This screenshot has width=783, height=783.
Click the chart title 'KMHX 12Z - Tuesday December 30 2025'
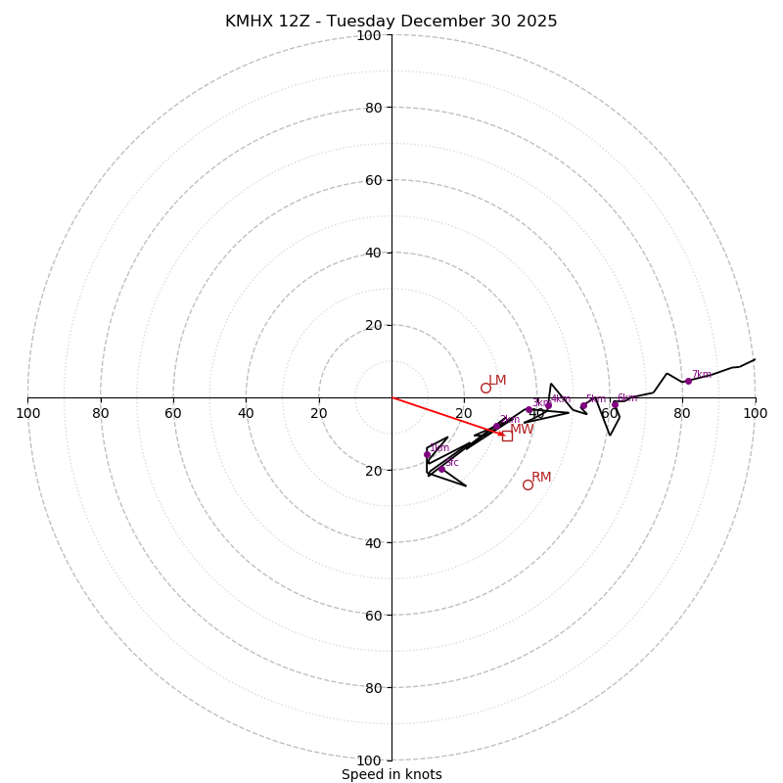391,22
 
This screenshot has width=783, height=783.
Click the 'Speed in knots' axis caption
391,774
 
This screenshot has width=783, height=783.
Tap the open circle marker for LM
485,388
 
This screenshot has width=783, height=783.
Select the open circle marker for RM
528,484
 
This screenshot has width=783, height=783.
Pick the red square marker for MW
507,436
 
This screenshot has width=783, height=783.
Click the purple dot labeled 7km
688,381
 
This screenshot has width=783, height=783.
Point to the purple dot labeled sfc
441,469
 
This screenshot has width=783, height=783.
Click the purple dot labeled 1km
427,454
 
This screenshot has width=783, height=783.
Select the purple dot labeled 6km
615,404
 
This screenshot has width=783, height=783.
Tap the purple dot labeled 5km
583,405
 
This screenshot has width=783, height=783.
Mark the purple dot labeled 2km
496,426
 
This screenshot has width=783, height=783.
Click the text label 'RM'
541,478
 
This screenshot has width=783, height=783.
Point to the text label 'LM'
497,381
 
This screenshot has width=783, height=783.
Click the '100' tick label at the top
369,35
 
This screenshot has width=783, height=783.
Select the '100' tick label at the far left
28,413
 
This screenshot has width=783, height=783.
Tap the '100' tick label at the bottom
369,760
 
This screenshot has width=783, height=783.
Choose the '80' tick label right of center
682,413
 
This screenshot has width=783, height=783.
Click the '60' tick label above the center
372,180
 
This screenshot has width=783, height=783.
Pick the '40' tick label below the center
372,543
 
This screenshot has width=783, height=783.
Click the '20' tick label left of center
319,413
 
